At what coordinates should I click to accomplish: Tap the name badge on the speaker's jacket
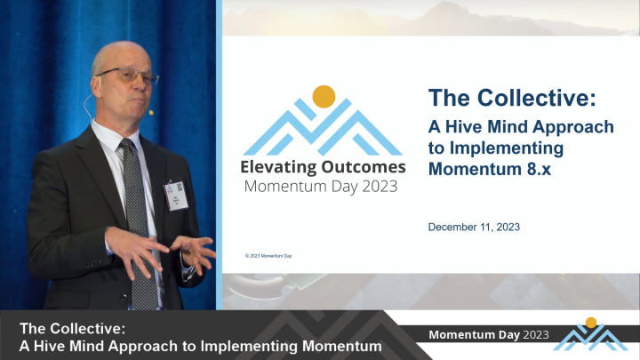coord(175,193)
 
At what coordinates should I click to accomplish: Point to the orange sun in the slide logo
coord(324,95)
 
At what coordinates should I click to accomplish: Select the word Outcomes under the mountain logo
coord(365,166)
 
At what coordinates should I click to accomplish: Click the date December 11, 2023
coord(474,227)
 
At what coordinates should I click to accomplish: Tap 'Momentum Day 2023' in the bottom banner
coord(488,335)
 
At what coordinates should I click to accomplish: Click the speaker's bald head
coord(120,53)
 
